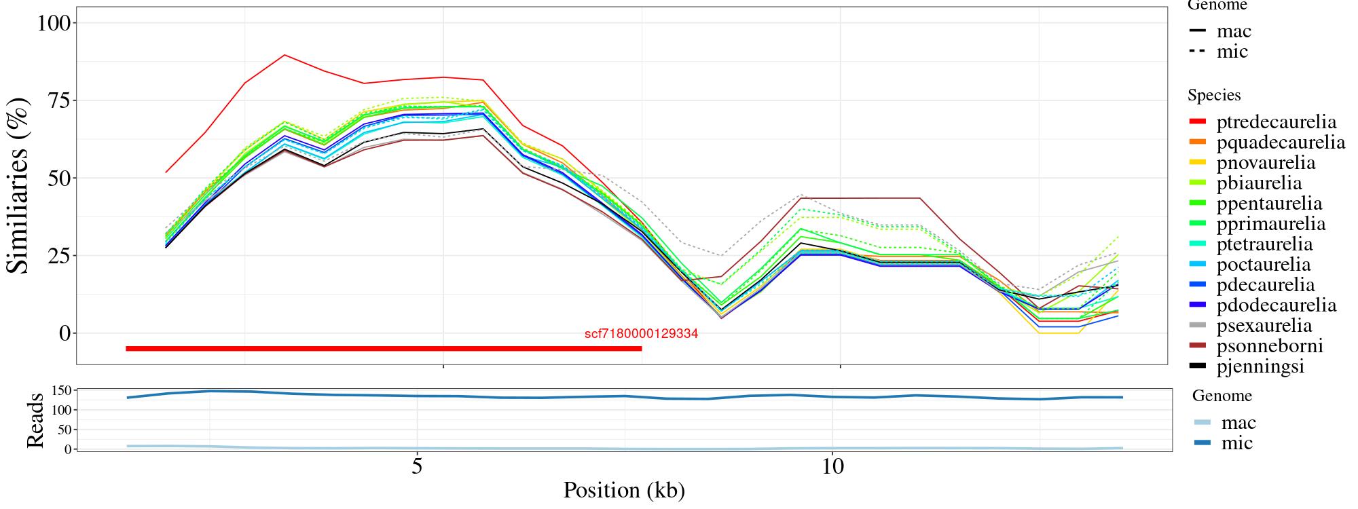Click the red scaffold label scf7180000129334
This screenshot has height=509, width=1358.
coord(641,334)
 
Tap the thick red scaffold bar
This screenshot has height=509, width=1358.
coord(384,349)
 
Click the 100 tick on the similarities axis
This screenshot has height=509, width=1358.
coord(54,23)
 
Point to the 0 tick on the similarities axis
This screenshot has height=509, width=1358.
coord(65,333)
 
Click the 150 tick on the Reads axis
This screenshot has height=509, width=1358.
coord(62,390)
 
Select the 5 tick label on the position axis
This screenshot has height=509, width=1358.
coord(417,466)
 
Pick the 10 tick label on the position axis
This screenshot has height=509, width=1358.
coord(832,466)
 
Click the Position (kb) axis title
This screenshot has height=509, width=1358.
coord(623,490)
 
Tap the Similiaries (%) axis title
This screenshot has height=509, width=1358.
coord(19,185)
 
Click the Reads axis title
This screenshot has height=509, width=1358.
coord(35,420)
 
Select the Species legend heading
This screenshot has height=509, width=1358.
coord(1214,95)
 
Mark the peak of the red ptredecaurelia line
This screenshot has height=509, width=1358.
coord(285,55)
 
